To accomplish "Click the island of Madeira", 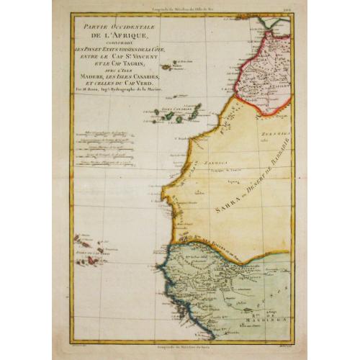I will (x=167, y=67).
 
